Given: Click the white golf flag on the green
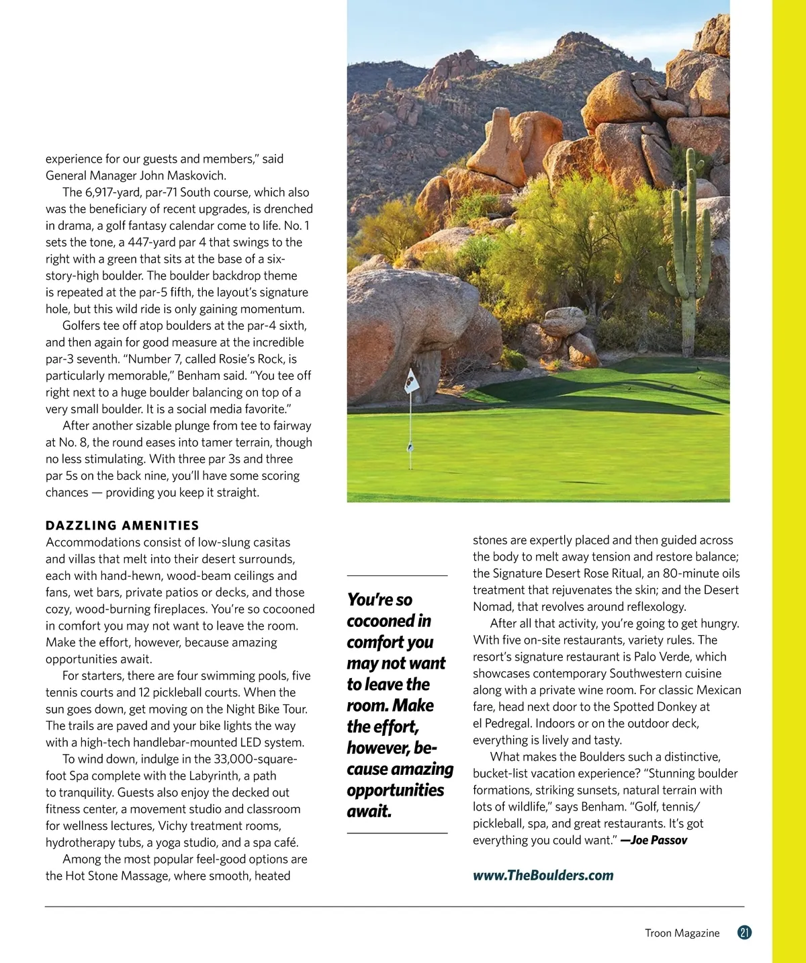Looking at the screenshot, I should click(411, 382).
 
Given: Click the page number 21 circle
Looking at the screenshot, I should click(744, 933).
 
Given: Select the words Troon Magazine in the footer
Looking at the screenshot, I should click(682, 933).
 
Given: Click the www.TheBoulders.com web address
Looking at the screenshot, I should click(543, 875).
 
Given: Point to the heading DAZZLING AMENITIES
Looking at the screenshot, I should click(122, 526).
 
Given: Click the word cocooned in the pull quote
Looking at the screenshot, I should click(389, 621).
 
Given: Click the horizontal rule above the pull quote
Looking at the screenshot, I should click(397, 576).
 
